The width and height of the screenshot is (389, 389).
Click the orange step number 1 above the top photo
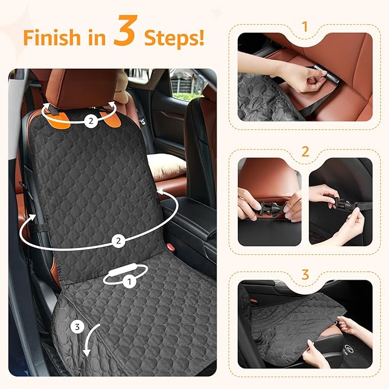coord(304,27)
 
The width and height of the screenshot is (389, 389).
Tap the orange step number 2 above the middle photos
coord(305,152)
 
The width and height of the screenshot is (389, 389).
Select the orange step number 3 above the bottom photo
coord(305,274)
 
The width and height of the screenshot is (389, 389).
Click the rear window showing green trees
coord(187,86)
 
